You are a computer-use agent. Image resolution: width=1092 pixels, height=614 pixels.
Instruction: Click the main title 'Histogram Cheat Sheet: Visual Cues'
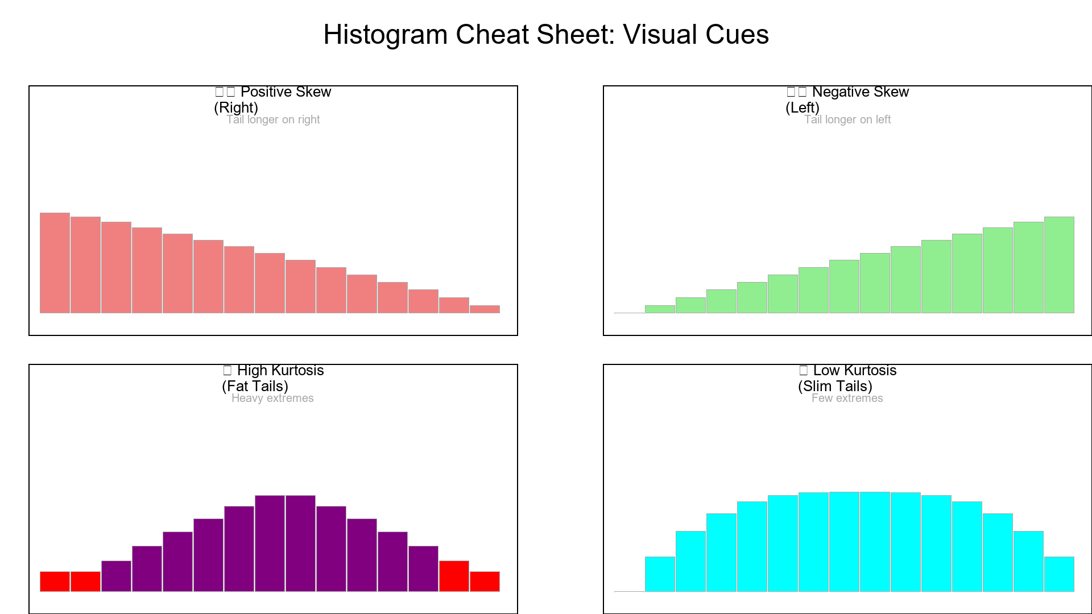pos(546,34)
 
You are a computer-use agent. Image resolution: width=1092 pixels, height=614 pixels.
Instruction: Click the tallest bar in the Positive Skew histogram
pos(55,263)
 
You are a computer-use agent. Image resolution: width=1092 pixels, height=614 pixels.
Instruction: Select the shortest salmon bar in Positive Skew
pos(485,309)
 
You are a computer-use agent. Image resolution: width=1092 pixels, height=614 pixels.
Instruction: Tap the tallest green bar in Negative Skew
pos(1059,264)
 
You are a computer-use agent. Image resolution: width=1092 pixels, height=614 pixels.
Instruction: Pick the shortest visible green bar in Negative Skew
pos(660,309)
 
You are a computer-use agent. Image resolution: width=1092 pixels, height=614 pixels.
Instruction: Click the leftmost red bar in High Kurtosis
pos(55,581)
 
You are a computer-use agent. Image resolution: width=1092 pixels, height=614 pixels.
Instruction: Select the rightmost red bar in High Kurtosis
pos(485,581)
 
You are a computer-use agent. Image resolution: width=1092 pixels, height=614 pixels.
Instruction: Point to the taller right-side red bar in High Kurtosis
pos(454,576)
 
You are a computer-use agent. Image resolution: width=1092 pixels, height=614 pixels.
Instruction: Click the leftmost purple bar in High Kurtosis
pos(116,576)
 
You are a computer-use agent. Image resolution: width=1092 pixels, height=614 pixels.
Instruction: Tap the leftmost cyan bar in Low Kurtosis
pos(660,574)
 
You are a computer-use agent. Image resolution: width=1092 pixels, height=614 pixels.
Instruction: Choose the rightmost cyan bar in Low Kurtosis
pos(1059,574)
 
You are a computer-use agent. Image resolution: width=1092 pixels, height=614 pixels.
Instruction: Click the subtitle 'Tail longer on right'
pos(273,119)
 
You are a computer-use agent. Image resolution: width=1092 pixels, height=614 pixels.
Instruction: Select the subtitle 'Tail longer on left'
pos(847,119)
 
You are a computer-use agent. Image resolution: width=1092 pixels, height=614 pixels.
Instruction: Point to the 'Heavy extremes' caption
pos(272,398)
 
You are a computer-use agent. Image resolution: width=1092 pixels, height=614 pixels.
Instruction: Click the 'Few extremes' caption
pos(847,398)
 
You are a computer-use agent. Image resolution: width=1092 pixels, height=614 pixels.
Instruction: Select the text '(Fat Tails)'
pos(255,386)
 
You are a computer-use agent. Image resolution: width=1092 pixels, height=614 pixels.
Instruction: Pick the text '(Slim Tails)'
pos(835,386)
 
